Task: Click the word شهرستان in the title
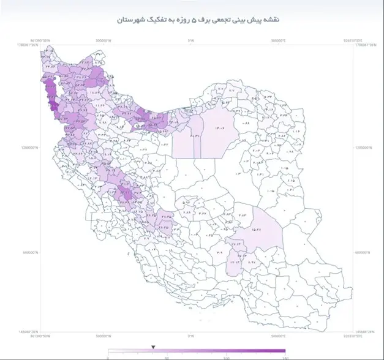pos(130,20)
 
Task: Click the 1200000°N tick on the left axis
pos(29,148)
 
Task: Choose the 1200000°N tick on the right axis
pos(366,148)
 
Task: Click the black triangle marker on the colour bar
pos(153,347)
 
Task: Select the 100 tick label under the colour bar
pos(227,357)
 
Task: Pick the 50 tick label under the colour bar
pos(167,357)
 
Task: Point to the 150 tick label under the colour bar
pos(284,357)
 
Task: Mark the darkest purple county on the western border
pos(53,105)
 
